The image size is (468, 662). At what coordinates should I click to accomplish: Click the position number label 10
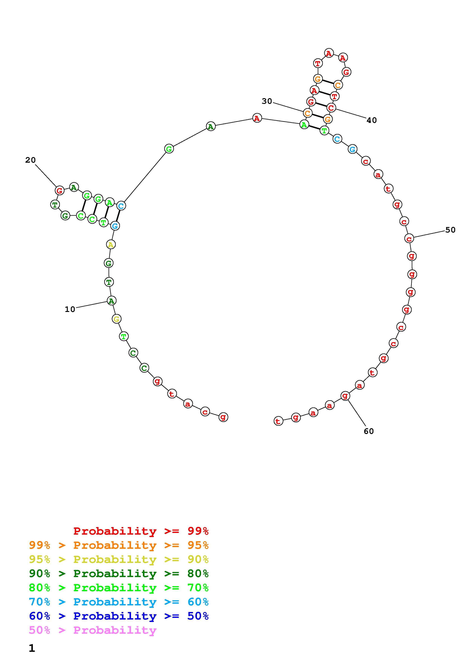70,309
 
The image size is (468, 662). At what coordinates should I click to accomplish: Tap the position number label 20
30,160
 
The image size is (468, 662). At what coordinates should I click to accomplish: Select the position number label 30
267,101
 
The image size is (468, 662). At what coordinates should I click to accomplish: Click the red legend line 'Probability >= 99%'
141,531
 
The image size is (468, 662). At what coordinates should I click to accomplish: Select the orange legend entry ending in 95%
119,545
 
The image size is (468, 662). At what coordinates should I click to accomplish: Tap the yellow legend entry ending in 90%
119,559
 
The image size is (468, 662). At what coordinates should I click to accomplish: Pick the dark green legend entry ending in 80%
119,573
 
